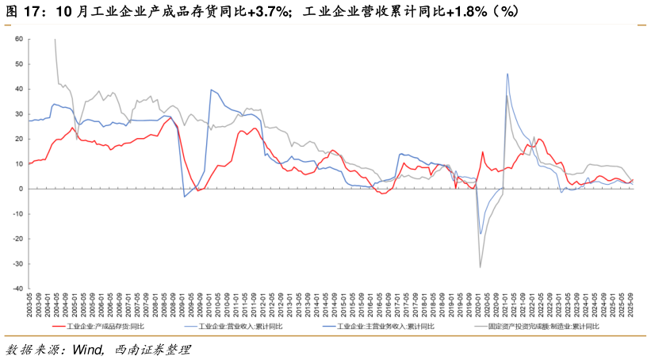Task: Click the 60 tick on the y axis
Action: tap(19, 39)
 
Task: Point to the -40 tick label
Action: tap(17, 289)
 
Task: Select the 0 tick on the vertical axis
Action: tap(21, 189)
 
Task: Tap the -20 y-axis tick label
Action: tap(17, 239)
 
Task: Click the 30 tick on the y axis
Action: tap(19, 114)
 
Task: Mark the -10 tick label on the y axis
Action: tap(17, 214)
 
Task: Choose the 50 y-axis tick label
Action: tap(19, 64)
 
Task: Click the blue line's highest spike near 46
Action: tap(507, 74)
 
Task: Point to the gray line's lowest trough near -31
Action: tap(480, 267)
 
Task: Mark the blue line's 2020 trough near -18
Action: tap(481, 234)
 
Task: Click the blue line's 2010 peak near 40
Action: tap(211, 90)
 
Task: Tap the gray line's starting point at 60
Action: tap(55, 39)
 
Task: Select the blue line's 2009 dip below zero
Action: tap(185, 197)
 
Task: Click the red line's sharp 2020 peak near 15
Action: tap(482, 151)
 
